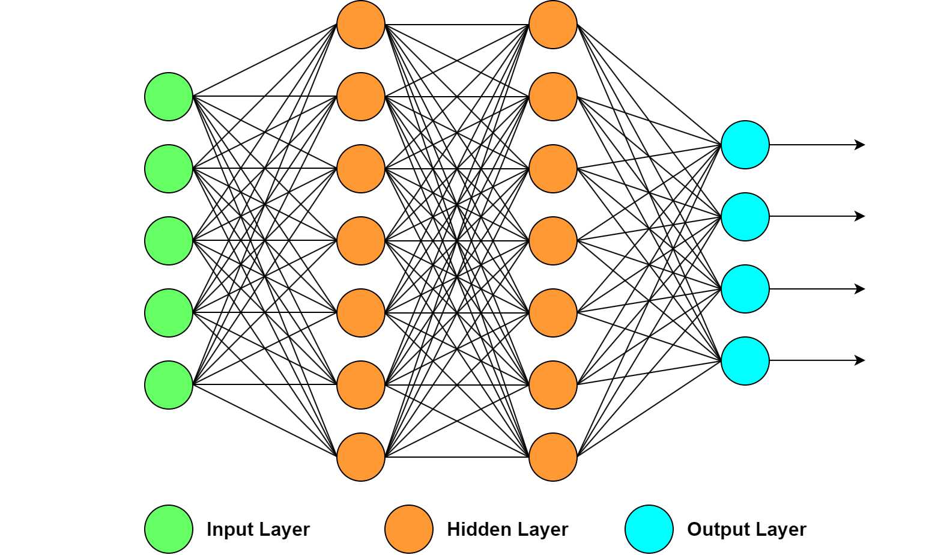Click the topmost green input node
169,97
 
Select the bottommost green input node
169,385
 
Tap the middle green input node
169,241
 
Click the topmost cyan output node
745,145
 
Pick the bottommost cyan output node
745,361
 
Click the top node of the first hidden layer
361,25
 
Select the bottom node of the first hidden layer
361,457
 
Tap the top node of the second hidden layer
553,25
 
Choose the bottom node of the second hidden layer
553,457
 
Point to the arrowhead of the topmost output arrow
861,145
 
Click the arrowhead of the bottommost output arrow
861,360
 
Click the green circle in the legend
169,529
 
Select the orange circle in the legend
409,529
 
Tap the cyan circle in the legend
649,529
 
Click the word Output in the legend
715,529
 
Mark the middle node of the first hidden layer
361,241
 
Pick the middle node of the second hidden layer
553,241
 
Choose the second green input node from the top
169,169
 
